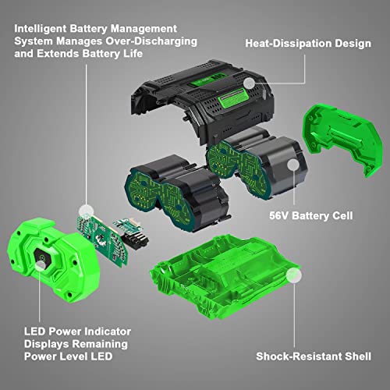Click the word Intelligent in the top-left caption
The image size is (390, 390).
(x=41, y=29)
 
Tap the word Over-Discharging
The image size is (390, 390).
(x=151, y=41)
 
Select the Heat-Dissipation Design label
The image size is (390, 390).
(x=308, y=44)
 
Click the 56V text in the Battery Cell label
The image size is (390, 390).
(x=279, y=216)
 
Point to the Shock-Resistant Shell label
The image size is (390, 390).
(x=314, y=356)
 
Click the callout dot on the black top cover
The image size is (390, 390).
(x=250, y=83)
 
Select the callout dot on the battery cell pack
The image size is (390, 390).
(x=293, y=165)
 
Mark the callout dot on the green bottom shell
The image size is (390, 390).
(x=294, y=275)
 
